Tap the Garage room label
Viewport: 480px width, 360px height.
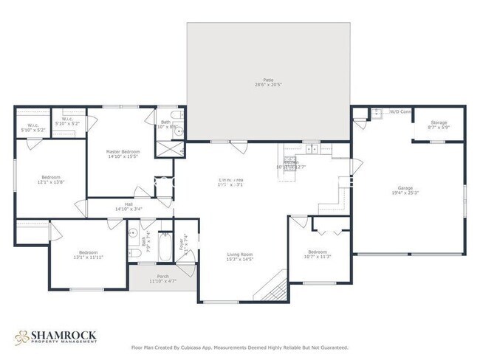(x=405, y=188)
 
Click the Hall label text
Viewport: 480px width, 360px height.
(x=129, y=204)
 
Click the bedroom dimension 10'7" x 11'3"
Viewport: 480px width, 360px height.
(x=319, y=257)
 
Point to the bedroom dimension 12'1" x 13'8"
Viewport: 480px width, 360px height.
(x=50, y=182)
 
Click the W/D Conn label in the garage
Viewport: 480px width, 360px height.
(x=401, y=112)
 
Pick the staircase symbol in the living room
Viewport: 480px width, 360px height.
(x=275, y=286)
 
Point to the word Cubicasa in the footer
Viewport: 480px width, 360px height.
(x=199, y=347)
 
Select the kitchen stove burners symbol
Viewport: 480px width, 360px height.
(x=290, y=159)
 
